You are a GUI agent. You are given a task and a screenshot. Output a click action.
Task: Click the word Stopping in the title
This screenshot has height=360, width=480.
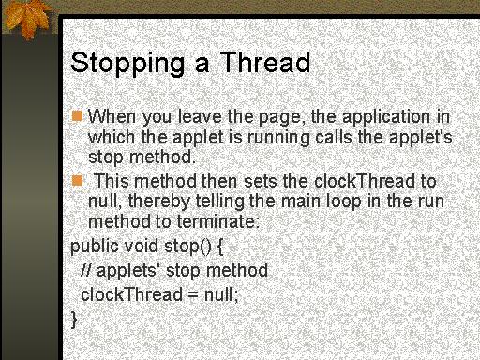coord(127,63)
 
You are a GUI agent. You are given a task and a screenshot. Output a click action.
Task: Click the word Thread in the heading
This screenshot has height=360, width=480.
coord(265,62)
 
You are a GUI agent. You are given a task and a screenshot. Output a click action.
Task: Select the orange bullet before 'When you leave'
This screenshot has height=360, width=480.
coord(77,115)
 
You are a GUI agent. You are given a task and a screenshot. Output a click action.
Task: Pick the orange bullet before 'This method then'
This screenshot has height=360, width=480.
coord(77,181)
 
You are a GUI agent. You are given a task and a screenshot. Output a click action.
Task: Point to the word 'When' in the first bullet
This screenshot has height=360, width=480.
coord(112,116)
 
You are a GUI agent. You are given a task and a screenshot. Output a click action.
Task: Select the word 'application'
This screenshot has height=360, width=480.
coord(386,117)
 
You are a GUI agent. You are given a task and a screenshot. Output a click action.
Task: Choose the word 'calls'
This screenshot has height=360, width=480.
coord(334,137)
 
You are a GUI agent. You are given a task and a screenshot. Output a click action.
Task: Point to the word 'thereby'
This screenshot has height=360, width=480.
coord(159,202)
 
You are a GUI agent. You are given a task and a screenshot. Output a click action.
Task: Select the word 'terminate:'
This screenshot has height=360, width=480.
coord(218,221)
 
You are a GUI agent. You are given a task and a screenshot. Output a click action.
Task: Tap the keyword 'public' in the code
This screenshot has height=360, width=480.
coord(95,247)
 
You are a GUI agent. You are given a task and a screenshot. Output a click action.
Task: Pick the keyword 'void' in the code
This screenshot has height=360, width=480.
coord(142,246)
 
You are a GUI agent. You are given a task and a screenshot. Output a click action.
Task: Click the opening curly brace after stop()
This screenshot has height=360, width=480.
coord(220,247)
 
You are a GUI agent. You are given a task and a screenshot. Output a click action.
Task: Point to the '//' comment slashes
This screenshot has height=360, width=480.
coord(86,270)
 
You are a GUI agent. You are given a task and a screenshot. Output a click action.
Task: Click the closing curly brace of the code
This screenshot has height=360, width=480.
coord(74,320)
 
